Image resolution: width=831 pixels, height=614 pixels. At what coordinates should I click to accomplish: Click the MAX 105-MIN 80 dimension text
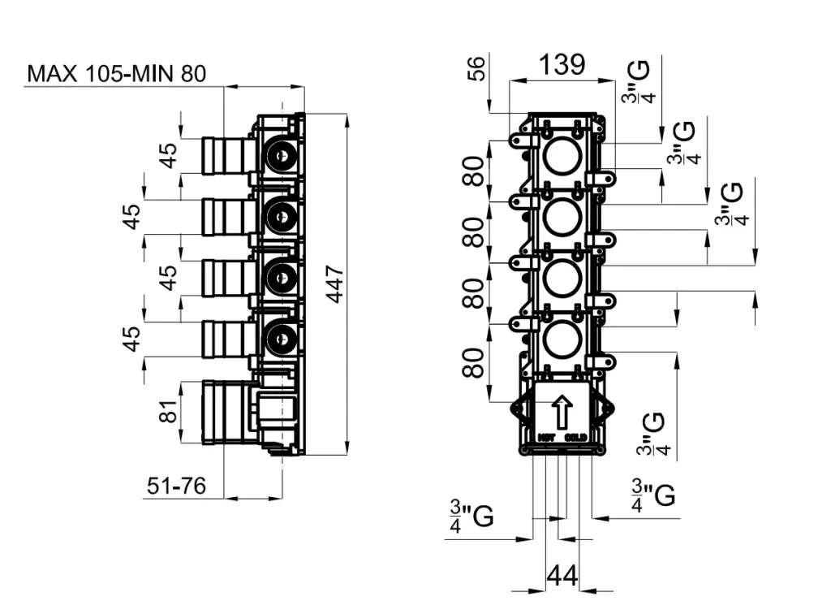coord(117,74)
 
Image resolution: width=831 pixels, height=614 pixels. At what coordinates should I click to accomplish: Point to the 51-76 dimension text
coord(176,486)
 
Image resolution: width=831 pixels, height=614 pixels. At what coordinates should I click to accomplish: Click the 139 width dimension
coord(562,64)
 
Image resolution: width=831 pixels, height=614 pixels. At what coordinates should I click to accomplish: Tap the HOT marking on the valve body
coord(546,437)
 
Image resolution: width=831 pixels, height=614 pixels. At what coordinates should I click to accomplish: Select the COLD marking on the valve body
coord(577,437)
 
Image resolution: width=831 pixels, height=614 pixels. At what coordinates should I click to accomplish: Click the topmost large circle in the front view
coord(562,155)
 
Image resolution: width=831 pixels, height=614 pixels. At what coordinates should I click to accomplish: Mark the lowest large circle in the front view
coord(562,340)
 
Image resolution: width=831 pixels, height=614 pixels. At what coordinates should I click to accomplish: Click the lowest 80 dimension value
coord(476,362)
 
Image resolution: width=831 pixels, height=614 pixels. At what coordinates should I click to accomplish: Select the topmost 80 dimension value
coord(476,171)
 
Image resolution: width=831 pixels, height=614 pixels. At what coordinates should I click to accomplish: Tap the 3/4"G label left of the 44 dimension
coord(471,517)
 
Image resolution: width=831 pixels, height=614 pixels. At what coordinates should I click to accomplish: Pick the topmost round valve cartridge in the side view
coord(282,153)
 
